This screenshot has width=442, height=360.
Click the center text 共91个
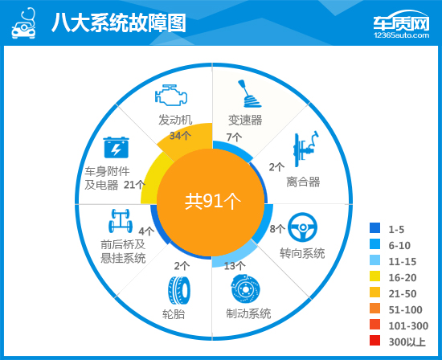click(x=211, y=200)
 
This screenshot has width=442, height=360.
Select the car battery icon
click(x=115, y=149)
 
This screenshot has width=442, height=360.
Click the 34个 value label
click(x=180, y=135)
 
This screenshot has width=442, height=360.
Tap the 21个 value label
click(x=134, y=185)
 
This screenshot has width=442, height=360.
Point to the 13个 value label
click(x=235, y=265)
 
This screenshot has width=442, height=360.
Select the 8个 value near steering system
click(x=276, y=229)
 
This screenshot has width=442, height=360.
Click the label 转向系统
click(x=302, y=253)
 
